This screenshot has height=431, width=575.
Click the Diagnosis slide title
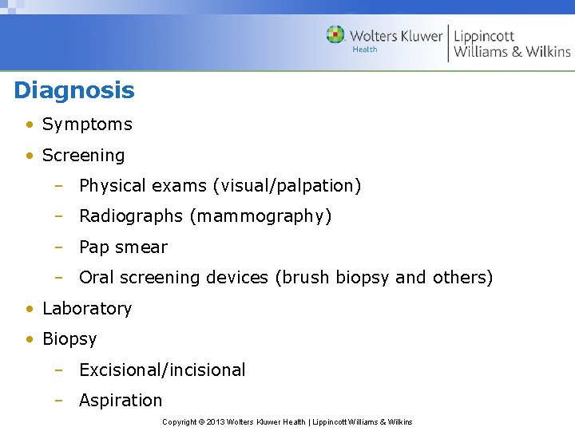[74, 90]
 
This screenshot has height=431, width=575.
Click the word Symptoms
[87, 125]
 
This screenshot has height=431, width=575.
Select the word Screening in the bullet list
[83, 156]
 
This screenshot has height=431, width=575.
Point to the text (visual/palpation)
[287, 186]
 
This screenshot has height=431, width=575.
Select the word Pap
[94, 247]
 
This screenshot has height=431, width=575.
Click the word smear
[141, 247]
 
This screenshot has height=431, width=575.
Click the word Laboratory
[87, 309]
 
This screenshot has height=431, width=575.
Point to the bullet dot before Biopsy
[29, 339]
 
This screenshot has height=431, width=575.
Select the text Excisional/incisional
[162, 370]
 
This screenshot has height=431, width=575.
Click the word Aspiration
[121, 401]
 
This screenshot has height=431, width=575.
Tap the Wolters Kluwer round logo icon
[335, 34]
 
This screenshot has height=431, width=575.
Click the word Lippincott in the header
[484, 36]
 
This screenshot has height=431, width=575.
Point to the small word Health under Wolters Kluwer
[364, 49]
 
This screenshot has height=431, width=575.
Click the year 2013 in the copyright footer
[216, 421]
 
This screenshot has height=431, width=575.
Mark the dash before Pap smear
[58, 247]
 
